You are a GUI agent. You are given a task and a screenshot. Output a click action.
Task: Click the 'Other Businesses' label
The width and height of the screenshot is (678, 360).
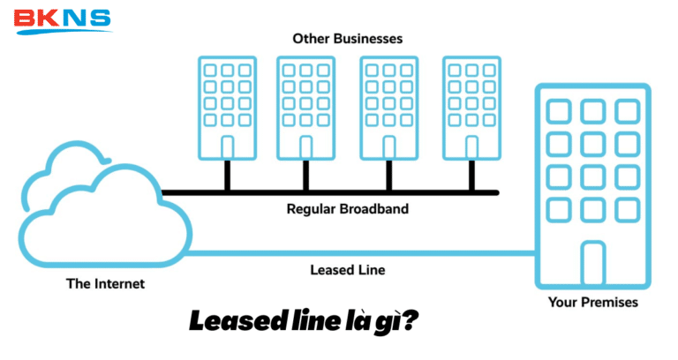(x=347, y=40)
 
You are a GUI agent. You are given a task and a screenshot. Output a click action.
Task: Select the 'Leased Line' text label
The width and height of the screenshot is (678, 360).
(x=347, y=269)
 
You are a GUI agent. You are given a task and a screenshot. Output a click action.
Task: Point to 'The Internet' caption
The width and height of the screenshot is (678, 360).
(x=105, y=284)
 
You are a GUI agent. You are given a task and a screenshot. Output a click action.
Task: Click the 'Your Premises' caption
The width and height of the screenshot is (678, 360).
(x=591, y=303)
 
